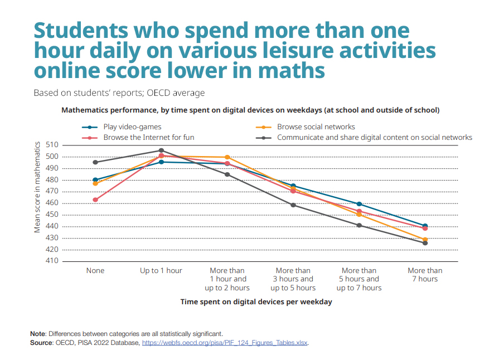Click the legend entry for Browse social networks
[316, 127]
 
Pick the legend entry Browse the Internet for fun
[148, 137]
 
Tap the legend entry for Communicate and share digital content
[374, 137]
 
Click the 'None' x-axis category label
[95, 271]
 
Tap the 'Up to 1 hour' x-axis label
[161, 271]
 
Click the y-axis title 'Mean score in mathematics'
[37, 187]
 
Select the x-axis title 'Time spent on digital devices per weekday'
[256, 301]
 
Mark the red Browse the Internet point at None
[95, 200]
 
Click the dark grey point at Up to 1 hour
[161, 150]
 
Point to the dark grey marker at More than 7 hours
[425, 243]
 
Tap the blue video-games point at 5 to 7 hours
[359, 204]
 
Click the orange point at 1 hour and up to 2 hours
[227, 158]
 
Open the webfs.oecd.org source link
[225, 343]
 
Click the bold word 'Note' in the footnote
[38, 334]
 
